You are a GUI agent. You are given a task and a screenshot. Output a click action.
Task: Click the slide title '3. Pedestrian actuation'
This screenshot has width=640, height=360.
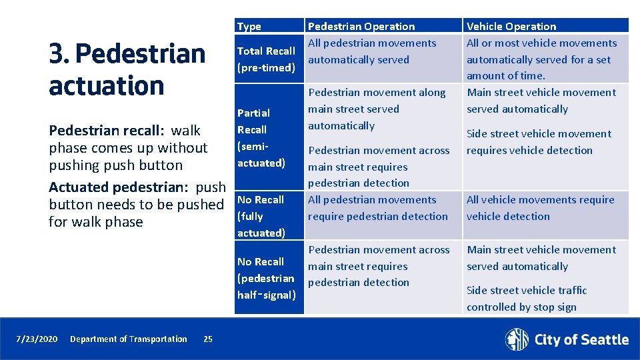click(127, 69)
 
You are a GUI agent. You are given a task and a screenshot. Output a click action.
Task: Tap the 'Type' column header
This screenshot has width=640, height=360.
click(249, 27)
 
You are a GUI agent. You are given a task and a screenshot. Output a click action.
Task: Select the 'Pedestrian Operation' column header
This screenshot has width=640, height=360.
click(361, 27)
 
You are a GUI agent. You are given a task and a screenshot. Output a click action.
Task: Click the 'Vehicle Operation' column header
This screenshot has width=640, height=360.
click(511, 27)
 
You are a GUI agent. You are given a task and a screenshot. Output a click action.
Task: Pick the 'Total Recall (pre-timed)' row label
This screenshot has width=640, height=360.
click(266, 59)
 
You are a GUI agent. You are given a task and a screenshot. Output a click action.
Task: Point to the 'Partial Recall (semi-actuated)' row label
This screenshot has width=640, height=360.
click(261, 138)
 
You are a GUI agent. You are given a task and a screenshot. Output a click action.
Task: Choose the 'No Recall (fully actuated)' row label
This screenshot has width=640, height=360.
click(261, 216)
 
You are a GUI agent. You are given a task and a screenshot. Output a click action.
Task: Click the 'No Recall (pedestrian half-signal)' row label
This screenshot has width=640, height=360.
click(265, 278)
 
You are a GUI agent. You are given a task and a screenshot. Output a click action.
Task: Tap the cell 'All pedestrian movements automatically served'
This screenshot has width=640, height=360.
click(371, 51)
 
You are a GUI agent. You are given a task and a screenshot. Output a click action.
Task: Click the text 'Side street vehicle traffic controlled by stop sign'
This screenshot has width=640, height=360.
click(527, 299)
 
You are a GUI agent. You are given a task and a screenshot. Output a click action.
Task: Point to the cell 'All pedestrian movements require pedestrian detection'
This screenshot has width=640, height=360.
click(377, 208)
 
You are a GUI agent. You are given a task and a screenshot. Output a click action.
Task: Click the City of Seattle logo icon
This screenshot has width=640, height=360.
click(517, 339)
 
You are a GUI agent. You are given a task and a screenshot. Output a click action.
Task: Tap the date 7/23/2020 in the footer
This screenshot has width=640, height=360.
click(37, 339)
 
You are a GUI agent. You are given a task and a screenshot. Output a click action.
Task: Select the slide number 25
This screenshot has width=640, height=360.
click(208, 339)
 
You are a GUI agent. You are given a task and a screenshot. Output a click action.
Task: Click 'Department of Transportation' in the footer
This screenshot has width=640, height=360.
click(129, 339)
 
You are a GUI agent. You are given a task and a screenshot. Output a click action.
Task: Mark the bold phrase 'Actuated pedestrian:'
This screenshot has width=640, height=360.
click(120, 187)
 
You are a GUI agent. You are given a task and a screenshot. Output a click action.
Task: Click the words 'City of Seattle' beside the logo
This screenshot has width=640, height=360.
click(581, 340)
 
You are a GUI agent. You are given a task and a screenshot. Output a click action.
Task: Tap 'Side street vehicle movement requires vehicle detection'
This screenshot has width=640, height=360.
click(538, 142)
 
